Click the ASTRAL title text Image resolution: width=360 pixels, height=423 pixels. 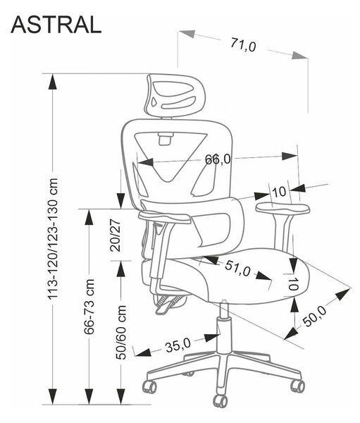[x=56, y=25]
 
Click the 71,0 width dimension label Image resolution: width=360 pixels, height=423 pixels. [x=243, y=45]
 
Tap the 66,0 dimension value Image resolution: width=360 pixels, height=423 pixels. [x=218, y=159]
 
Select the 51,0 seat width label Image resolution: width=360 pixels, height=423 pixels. [x=237, y=269]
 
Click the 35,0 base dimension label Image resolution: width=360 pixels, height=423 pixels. [x=178, y=345]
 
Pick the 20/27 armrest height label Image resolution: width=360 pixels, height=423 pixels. [x=115, y=235]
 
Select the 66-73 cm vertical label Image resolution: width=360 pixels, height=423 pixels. [x=89, y=307]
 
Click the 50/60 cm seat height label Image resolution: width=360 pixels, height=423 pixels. [x=121, y=332]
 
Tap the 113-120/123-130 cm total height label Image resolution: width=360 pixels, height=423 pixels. [x=53, y=238]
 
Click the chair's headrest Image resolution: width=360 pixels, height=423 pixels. [x=175, y=96]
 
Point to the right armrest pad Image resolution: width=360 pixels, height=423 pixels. [x=283, y=208]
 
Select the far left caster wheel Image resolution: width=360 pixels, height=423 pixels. [x=149, y=387]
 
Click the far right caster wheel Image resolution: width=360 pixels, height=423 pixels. [x=298, y=386]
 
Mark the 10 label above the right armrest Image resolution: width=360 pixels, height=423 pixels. [x=279, y=192]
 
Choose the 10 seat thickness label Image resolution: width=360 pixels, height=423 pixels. [x=293, y=284]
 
